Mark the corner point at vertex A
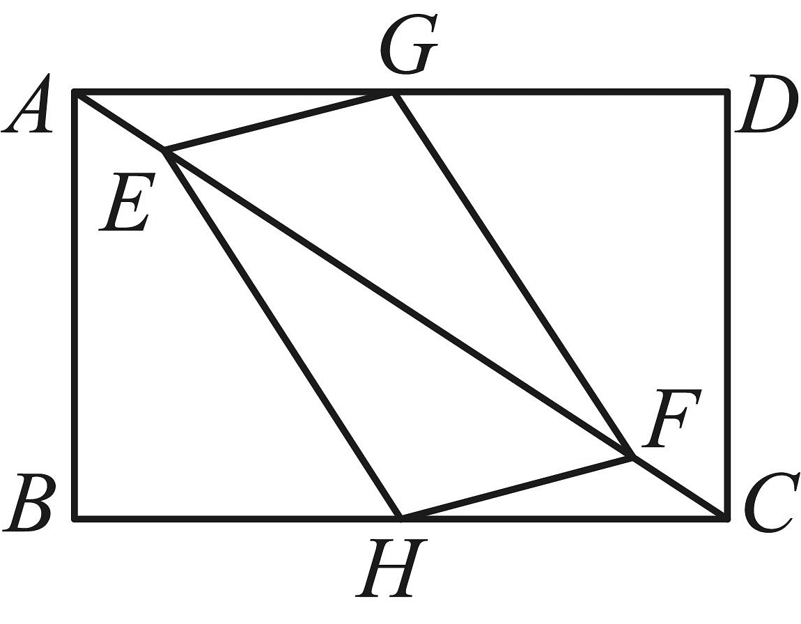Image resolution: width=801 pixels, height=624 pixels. tap(75, 92)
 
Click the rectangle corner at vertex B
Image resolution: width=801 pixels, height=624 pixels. tap(75, 518)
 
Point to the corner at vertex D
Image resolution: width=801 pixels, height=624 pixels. tap(727, 92)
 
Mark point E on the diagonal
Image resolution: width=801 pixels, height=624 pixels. tap(165, 151)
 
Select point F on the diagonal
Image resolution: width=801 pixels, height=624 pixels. tap(632, 457)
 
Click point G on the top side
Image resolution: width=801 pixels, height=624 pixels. tap(393, 93)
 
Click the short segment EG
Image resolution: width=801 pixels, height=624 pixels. tap(279, 122)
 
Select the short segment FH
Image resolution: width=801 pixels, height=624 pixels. tap(517, 487)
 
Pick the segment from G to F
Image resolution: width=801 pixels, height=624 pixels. tap(512, 275)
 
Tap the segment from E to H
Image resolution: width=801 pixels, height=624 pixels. tap(283, 334)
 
